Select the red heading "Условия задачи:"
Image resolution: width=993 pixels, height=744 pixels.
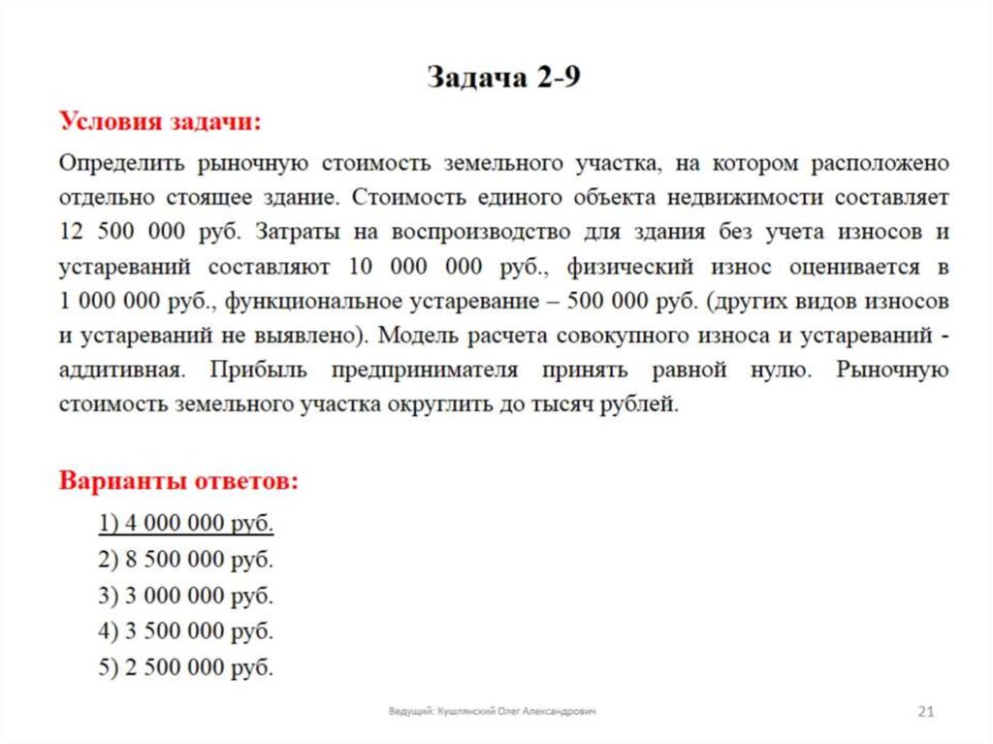click(160, 122)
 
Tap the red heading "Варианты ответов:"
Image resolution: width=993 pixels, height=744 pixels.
click(179, 481)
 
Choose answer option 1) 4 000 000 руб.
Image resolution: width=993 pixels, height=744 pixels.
click(186, 524)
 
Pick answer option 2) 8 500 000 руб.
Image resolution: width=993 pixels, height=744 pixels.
click(186, 560)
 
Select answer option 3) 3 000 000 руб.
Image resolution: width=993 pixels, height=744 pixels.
click(186, 596)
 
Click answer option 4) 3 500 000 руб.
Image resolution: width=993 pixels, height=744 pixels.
click(186, 631)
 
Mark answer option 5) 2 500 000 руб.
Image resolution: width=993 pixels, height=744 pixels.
click(186, 667)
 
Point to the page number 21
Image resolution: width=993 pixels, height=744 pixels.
click(925, 713)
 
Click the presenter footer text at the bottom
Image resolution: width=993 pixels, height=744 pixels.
click(493, 712)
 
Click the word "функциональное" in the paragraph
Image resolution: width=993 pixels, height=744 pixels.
click(298, 301)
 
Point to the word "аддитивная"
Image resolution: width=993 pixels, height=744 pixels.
click(119, 371)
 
